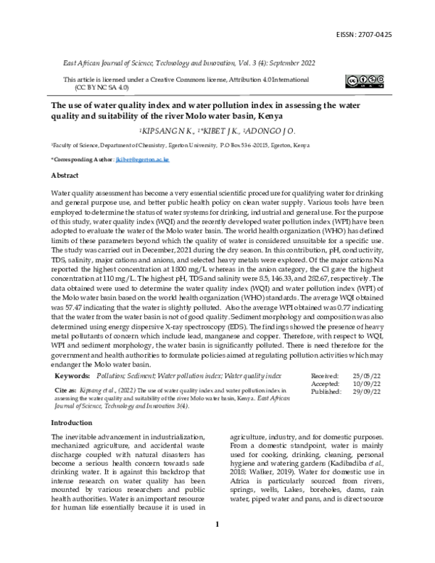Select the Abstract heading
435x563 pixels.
pos(65,176)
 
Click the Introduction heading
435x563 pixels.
pos(71,422)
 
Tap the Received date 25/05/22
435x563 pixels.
pos(365,376)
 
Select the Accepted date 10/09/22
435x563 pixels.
pos(365,383)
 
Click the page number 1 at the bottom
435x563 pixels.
pos(217,544)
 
